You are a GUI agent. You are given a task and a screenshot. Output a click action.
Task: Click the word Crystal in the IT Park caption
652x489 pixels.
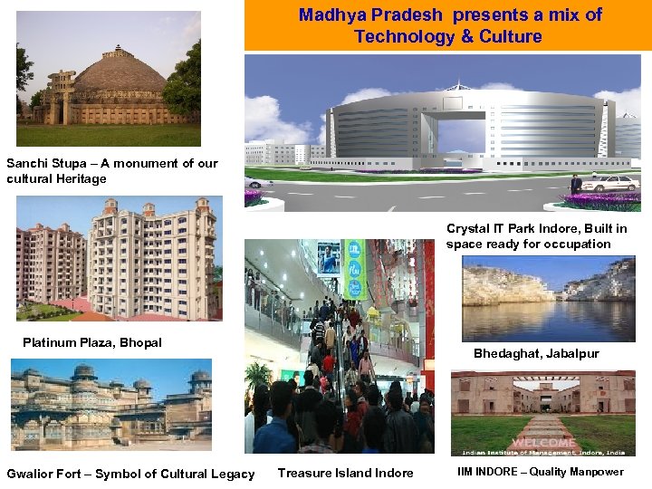coord(469,229)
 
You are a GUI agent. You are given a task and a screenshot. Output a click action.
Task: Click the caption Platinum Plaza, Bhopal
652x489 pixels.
coord(92,342)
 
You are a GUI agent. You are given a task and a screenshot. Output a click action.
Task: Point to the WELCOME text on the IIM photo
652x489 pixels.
coord(543,443)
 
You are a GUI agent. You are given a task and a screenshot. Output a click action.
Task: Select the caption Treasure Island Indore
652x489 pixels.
coord(345,474)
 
